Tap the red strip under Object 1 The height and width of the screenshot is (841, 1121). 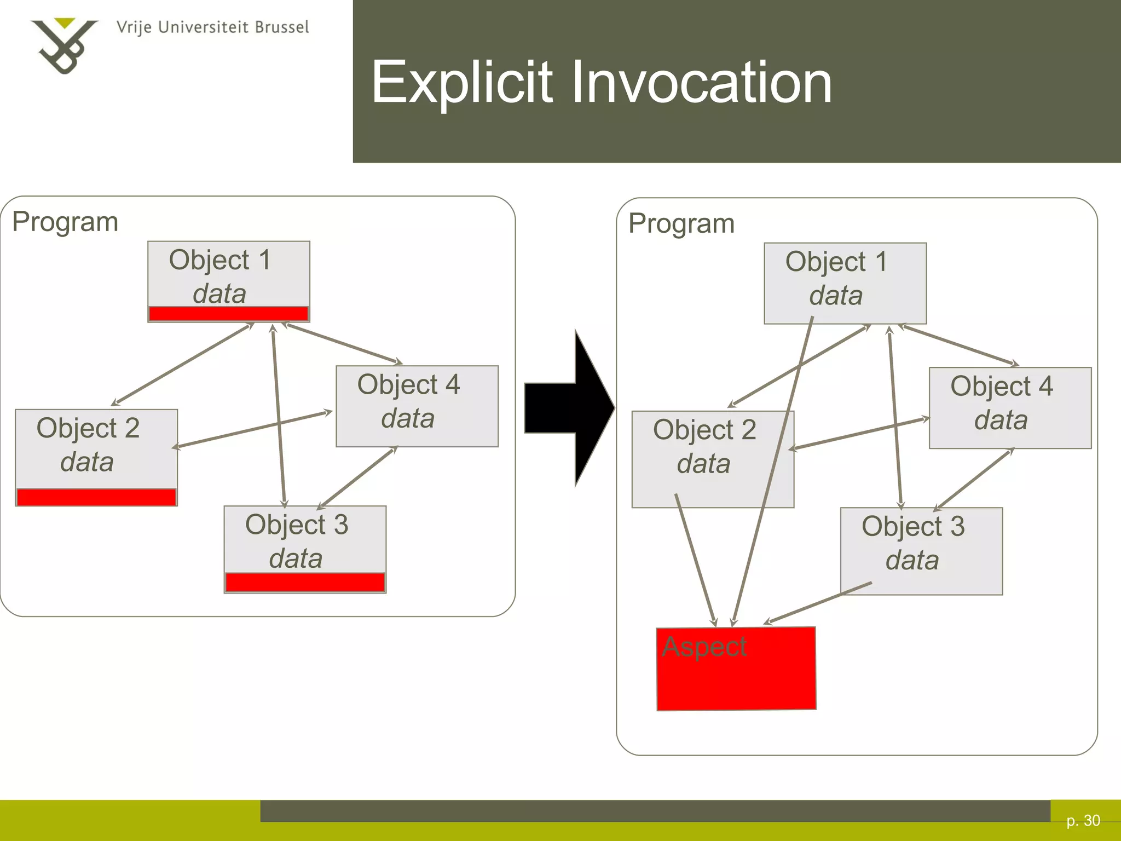[229, 314]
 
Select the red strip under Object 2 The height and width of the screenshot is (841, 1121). [96, 497]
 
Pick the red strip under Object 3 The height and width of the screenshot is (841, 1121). [305, 583]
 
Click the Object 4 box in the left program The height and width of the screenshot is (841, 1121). [417, 406]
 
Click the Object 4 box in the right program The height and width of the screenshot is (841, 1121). [1010, 407]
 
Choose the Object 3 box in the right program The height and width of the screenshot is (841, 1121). [921, 550]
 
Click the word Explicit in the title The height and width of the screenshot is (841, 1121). [461, 83]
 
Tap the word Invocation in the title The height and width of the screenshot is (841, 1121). [701, 83]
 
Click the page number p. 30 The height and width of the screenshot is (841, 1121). [1083, 820]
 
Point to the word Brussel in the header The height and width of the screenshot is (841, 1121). [282, 27]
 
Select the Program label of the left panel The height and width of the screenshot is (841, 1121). [65, 222]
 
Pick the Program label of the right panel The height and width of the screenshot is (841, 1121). [681, 223]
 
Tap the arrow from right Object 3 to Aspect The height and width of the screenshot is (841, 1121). [818, 603]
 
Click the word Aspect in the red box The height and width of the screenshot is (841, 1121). [704, 647]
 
